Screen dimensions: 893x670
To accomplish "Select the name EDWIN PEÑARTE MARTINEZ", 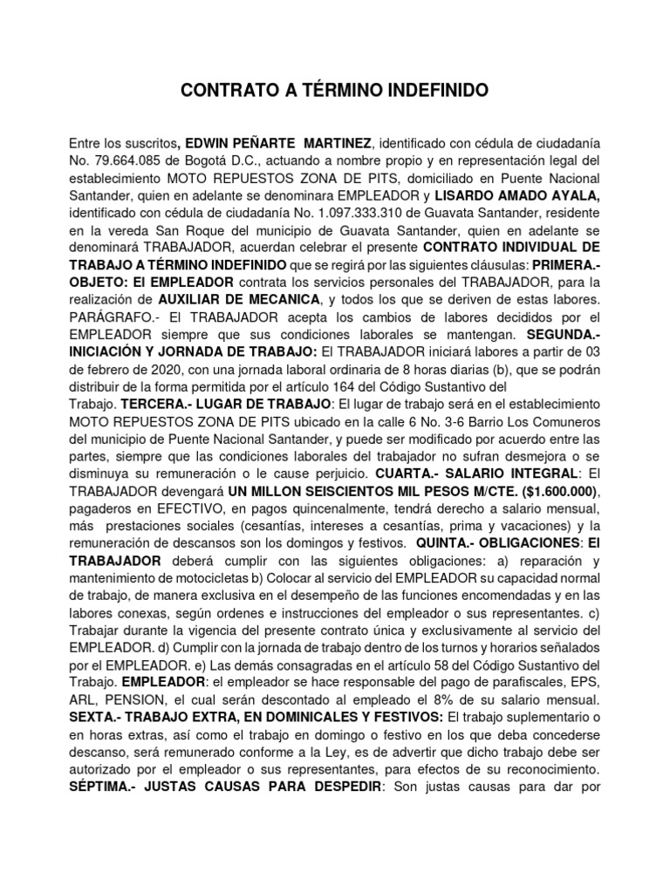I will (x=277, y=142).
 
